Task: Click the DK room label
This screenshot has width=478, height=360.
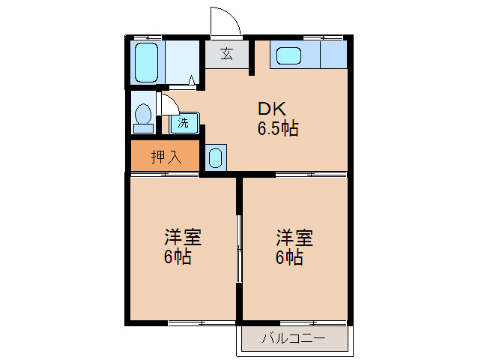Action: click(272, 109)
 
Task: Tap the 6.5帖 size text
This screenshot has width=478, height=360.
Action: click(278, 128)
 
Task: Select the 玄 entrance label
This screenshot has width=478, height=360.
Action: click(226, 54)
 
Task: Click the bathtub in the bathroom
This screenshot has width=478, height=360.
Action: click(146, 62)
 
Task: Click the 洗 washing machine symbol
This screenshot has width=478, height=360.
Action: click(184, 123)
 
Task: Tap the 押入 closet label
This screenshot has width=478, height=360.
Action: click(166, 157)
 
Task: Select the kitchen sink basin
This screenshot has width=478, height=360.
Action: click(288, 55)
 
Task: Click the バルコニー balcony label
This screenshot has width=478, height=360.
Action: click(294, 338)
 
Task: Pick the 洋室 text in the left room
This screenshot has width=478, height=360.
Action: click(183, 237)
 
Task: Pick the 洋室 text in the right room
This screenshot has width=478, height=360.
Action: click(294, 237)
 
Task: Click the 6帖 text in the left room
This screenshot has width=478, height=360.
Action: click(178, 256)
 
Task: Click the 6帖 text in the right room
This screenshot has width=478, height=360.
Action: click(289, 256)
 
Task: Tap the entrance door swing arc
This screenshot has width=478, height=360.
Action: click(232, 14)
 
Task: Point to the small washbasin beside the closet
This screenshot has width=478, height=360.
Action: click(216, 157)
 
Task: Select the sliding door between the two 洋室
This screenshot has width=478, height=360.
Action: click(239, 249)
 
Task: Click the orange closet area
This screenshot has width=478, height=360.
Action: click(165, 155)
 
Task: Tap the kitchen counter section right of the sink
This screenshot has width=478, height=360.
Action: click(333, 54)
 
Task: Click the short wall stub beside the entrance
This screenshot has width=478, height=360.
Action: click(252, 56)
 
